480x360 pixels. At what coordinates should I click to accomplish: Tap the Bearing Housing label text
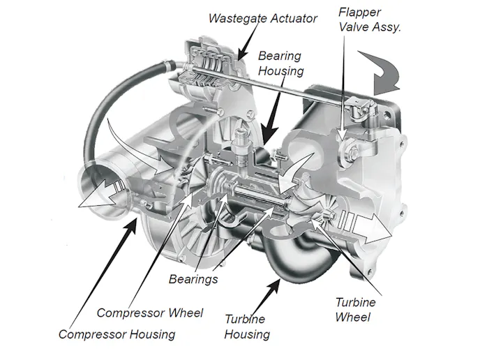click(280, 63)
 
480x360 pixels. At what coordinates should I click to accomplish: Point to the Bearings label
click(193, 279)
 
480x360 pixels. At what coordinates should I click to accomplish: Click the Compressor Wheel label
click(150, 313)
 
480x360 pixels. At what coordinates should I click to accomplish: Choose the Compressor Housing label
click(117, 334)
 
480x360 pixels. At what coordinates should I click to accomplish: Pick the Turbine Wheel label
click(355, 309)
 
